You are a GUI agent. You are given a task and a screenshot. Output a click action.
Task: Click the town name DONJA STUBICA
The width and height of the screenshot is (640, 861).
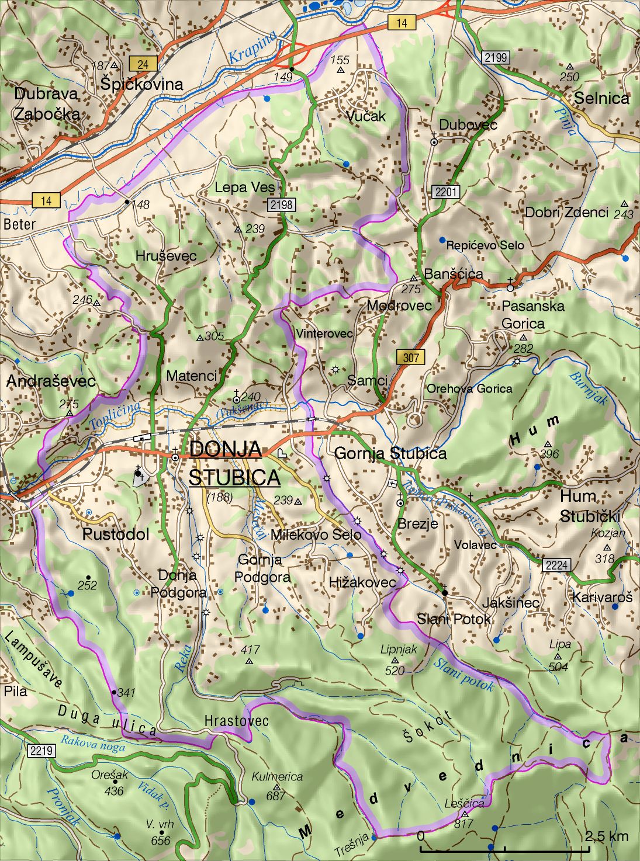(x=234, y=463)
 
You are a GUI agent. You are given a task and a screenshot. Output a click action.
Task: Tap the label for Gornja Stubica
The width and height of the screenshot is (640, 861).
(x=390, y=453)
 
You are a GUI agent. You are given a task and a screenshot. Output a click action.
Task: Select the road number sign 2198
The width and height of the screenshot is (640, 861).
(x=281, y=205)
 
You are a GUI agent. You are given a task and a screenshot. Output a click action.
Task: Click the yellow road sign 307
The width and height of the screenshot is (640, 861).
(x=410, y=357)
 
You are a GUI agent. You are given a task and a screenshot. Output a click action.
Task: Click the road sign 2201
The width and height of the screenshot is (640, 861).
(x=447, y=192)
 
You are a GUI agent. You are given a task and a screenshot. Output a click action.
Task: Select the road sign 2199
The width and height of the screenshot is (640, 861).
(x=496, y=57)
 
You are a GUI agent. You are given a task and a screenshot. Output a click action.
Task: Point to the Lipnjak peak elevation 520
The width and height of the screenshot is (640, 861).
(x=395, y=670)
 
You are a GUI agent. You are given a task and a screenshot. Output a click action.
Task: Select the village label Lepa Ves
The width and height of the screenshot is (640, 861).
(x=244, y=188)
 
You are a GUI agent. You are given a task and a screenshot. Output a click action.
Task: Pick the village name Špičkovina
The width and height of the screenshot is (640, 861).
(x=141, y=84)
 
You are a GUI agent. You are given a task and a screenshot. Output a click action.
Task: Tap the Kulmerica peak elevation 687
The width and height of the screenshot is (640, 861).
(x=275, y=796)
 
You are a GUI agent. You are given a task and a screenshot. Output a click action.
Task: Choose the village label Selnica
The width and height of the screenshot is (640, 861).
(x=601, y=98)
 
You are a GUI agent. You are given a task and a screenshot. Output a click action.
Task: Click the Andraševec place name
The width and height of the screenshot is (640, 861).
(x=51, y=381)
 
